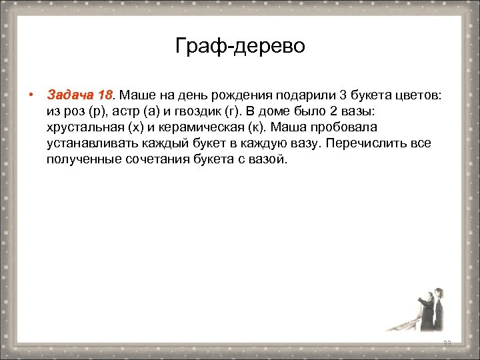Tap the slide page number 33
447,343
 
